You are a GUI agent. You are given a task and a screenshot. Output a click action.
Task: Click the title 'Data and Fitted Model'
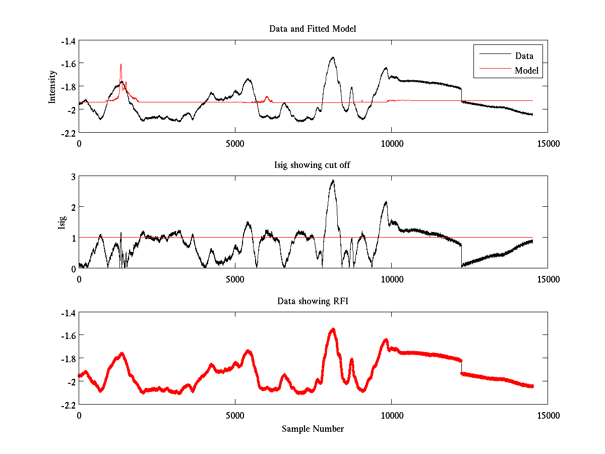[x=313, y=29]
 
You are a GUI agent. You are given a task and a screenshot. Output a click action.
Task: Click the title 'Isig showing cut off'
[x=313, y=165]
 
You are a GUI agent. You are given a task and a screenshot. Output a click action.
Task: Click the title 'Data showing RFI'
[x=313, y=301]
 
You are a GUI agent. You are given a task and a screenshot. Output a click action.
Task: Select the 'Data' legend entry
[x=524, y=56]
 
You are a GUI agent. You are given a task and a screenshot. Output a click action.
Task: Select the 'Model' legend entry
[x=526, y=71]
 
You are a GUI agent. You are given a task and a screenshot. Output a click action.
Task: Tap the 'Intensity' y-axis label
[x=52, y=87]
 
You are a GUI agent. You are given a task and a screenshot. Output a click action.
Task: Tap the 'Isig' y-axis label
[x=62, y=222]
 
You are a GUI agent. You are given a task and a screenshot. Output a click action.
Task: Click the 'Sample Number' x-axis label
[x=313, y=429]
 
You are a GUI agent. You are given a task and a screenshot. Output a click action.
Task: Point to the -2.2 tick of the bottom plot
[x=68, y=405]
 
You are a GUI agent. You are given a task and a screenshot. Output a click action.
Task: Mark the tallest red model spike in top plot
[x=121, y=65]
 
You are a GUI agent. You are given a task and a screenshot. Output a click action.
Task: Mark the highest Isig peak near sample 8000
[x=333, y=181]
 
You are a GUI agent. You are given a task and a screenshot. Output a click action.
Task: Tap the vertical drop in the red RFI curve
[x=461, y=367]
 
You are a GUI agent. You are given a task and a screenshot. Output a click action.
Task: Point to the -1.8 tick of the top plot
[x=68, y=86]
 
